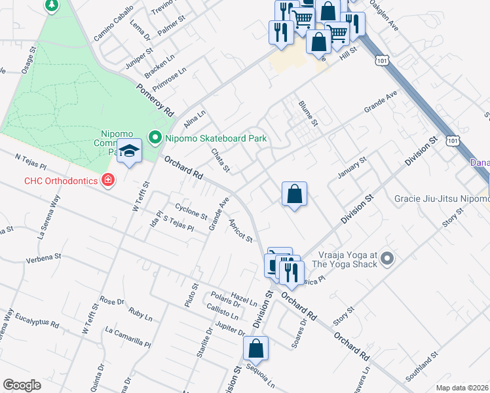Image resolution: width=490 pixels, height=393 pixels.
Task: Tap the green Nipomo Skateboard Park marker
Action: pos(155,138)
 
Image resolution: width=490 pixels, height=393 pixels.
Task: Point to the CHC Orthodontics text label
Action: pos(62,180)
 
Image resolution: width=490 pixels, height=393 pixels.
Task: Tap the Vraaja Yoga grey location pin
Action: pos(386,259)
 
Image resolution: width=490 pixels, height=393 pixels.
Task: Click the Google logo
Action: pos(22,385)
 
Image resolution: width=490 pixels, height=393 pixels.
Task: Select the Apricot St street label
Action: pos(240,230)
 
